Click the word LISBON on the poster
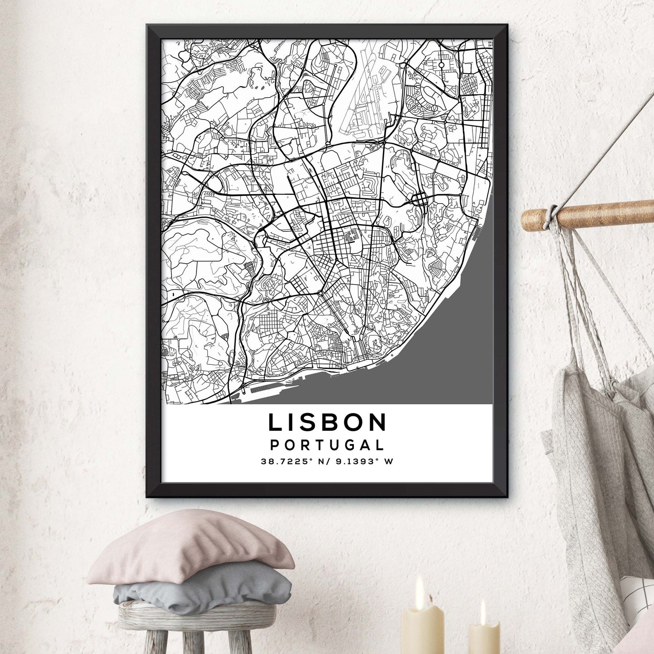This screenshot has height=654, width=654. click(327, 423)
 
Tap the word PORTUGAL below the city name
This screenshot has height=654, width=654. click(327, 445)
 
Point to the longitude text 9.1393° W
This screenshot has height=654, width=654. click(362, 462)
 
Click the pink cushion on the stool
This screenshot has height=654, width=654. click(190, 548)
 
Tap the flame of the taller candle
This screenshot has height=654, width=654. click(420, 587)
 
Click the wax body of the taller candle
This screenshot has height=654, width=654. click(423, 629)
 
